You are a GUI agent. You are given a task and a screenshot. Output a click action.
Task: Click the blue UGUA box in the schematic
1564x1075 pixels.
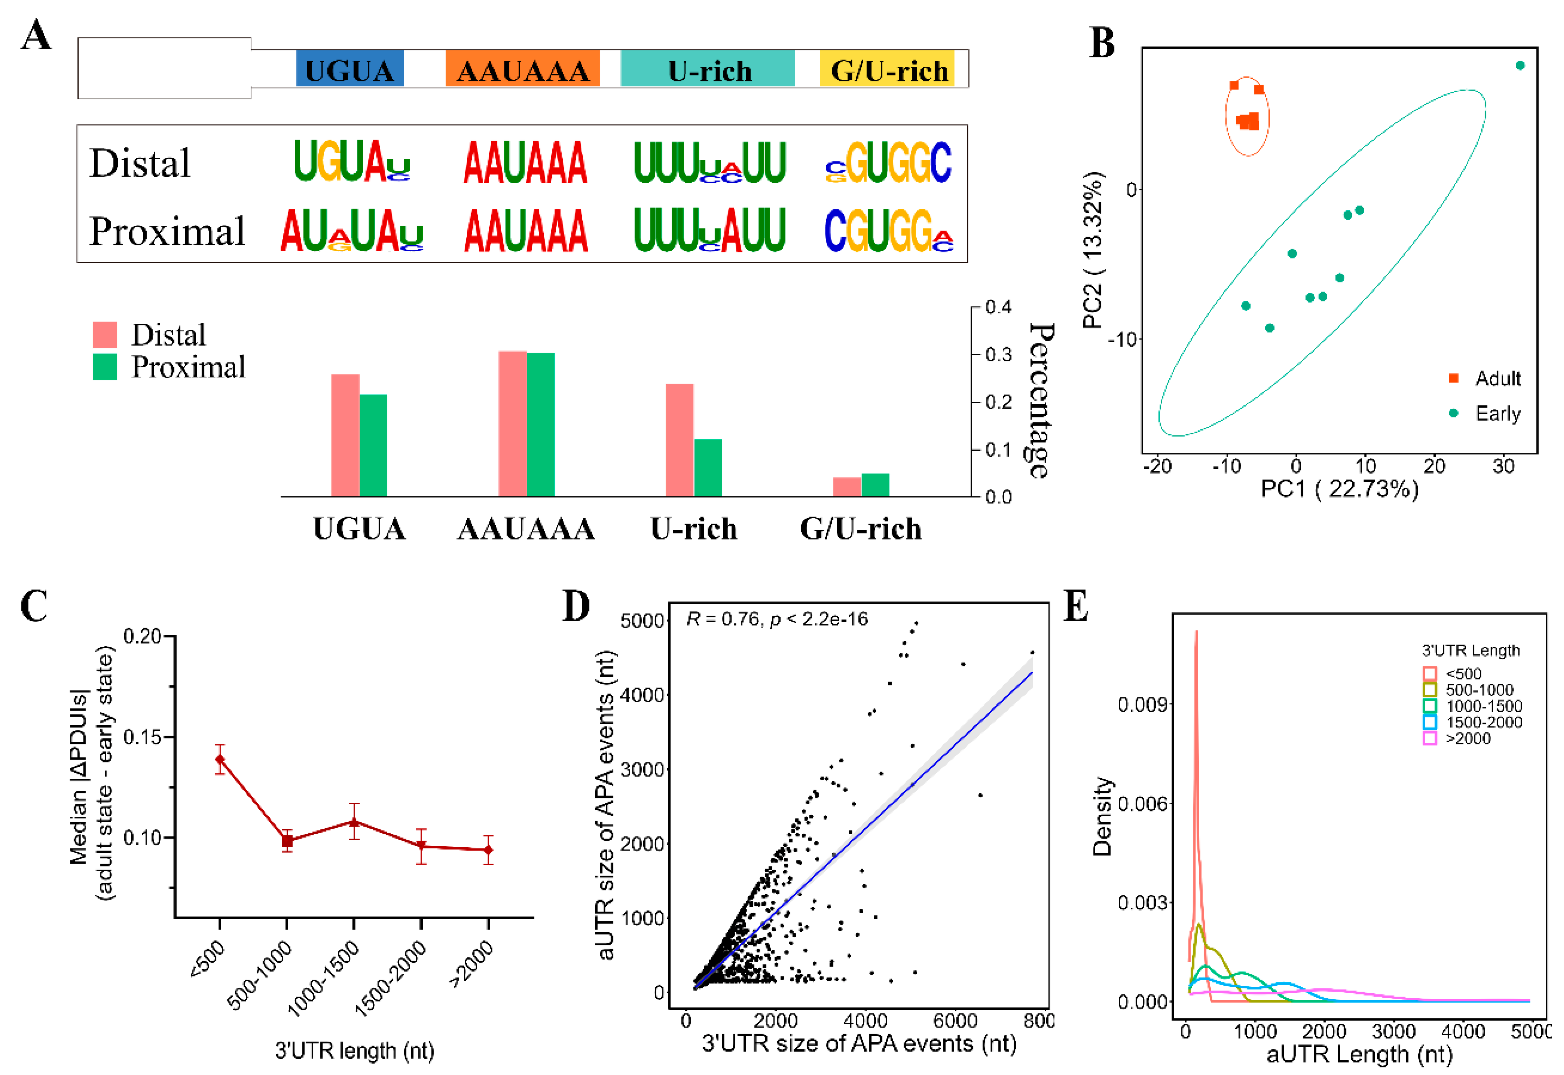[x=349, y=68]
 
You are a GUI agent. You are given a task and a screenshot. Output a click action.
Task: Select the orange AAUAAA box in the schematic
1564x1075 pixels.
[x=523, y=68]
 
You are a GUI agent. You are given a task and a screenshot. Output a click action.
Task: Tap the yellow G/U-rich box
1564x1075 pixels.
[x=887, y=68]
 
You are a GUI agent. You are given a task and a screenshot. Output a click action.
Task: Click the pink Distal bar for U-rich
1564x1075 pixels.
[x=680, y=440]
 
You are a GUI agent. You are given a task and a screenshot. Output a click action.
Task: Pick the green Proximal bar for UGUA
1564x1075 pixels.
[x=373, y=445]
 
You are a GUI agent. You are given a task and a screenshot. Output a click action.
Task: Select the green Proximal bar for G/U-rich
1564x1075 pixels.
[x=876, y=485]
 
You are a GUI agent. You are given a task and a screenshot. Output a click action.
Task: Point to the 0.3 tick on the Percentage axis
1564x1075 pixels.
[x=998, y=354]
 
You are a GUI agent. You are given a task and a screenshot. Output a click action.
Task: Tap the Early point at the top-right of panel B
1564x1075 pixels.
[x=1520, y=65]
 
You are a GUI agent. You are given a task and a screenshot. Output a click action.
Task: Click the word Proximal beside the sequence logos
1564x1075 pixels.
[x=167, y=232]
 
